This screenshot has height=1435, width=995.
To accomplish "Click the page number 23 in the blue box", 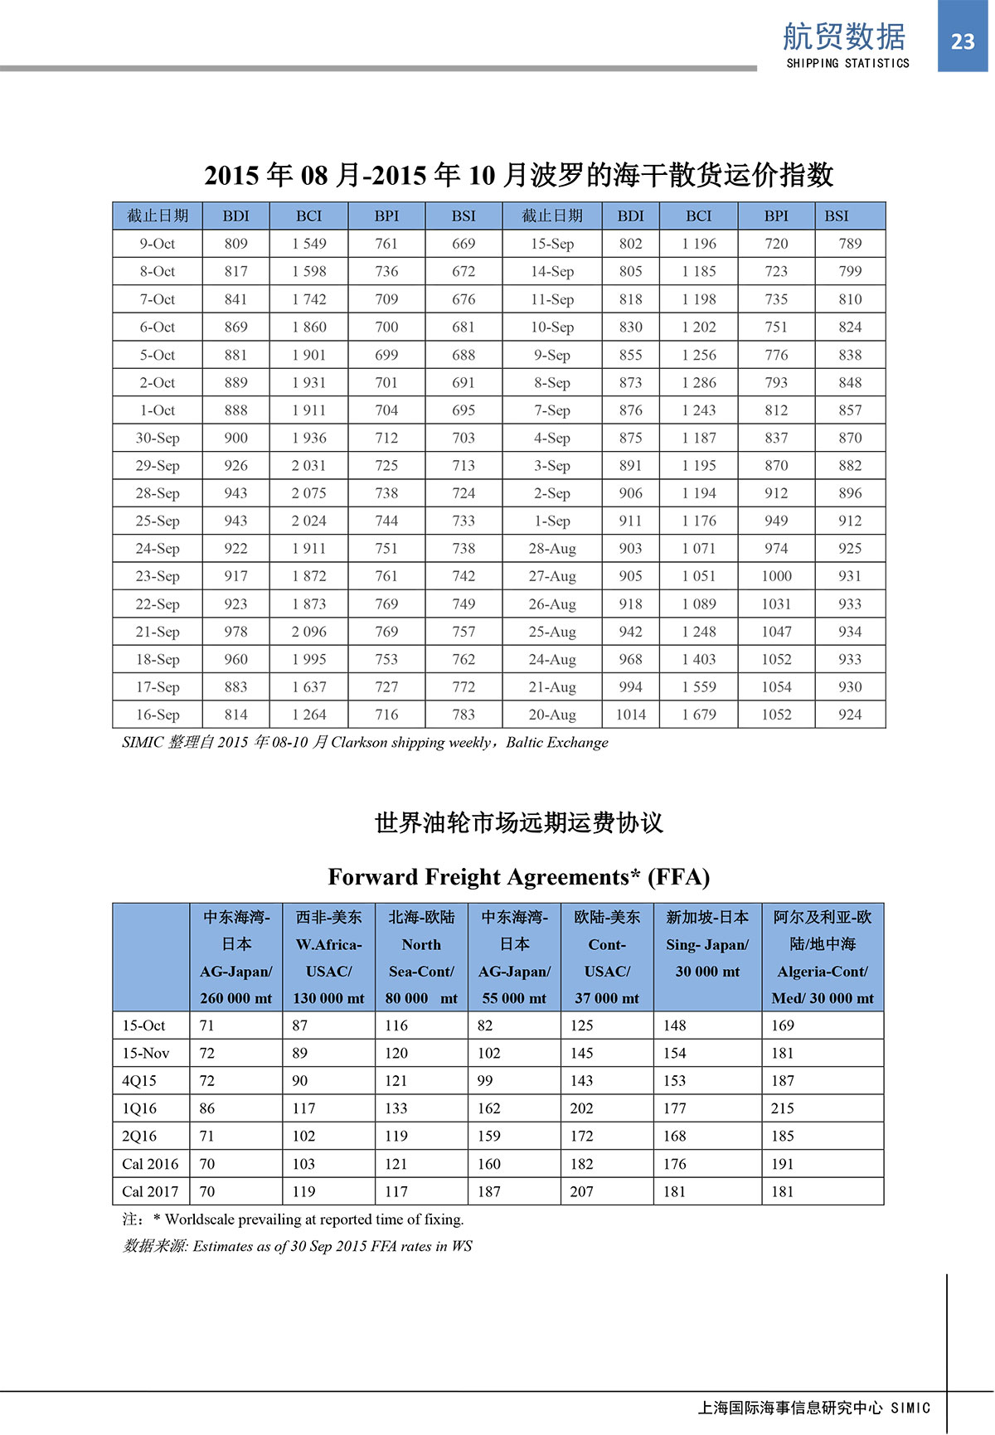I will pyautogui.click(x=962, y=41).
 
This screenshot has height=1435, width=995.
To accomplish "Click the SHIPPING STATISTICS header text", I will pyautogui.click(x=847, y=63).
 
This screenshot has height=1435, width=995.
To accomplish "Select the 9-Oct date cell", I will pyautogui.click(x=158, y=244).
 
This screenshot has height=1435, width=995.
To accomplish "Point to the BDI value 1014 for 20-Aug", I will pyautogui.click(x=630, y=715).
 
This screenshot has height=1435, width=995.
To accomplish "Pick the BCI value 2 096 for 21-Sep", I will pyautogui.click(x=308, y=632).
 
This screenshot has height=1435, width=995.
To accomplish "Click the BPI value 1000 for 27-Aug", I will pyautogui.click(x=776, y=576).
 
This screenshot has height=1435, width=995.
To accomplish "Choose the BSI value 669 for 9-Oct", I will pyautogui.click(x=464, y=244).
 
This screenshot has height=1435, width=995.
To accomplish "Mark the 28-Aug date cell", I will pyautogui.click(x=552, y=549).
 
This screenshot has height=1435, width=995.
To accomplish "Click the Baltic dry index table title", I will pyautogui.click(x=518, y=175).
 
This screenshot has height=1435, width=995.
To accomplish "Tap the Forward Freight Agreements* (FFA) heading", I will pyautogui.click(x=518, y=877).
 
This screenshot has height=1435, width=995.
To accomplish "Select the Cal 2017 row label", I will pyautogui.click(x=150, y=1191).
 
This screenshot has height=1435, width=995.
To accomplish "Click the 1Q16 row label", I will pyautogui.click(x=139, y=1108).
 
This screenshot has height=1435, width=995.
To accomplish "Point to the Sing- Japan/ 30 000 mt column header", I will pyautogui.click(x=707, y=957).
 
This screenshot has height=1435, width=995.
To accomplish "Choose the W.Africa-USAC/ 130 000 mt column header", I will pyautogui.click(x=328, y=957).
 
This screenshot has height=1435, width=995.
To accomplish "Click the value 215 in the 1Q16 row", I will pyautogui.click(x=783, y=1108).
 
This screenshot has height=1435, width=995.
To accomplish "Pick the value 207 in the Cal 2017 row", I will pyautogui.click(x=581, y=1191).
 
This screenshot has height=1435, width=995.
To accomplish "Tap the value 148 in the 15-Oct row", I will pyautogui.click(x=674, y=1025).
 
